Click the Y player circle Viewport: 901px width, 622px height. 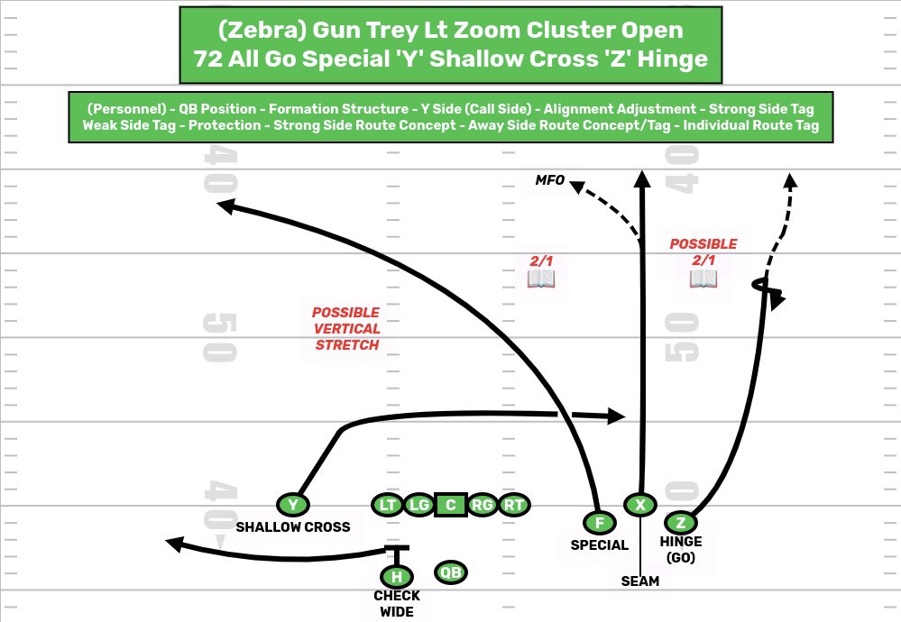(x=292, y=505)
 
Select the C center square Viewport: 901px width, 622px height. (x=450, y=505)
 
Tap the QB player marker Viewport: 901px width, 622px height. (x=451, y=572)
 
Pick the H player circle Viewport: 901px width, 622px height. (x=396, y=577)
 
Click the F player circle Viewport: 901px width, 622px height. (x=599, y=523)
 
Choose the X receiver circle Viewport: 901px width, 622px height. (x=640, y=505)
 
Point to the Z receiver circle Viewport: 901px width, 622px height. (x=681, y=522)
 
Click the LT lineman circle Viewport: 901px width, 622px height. (x=388, y=505)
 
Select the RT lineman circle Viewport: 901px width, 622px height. (x=514, y=505)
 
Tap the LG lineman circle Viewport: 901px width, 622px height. (x=418, y=505)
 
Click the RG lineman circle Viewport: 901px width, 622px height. (x=483, y=505)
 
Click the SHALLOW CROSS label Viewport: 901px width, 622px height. (x=292, y=527)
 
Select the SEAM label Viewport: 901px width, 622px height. (x=639, y=581)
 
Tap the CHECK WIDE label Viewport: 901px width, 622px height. (x=397, y=604)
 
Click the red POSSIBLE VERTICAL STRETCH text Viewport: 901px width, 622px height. (x=346, y=328)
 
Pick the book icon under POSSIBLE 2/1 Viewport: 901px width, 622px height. (x=703, y=279)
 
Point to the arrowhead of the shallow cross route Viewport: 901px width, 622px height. (x=617, y=416)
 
